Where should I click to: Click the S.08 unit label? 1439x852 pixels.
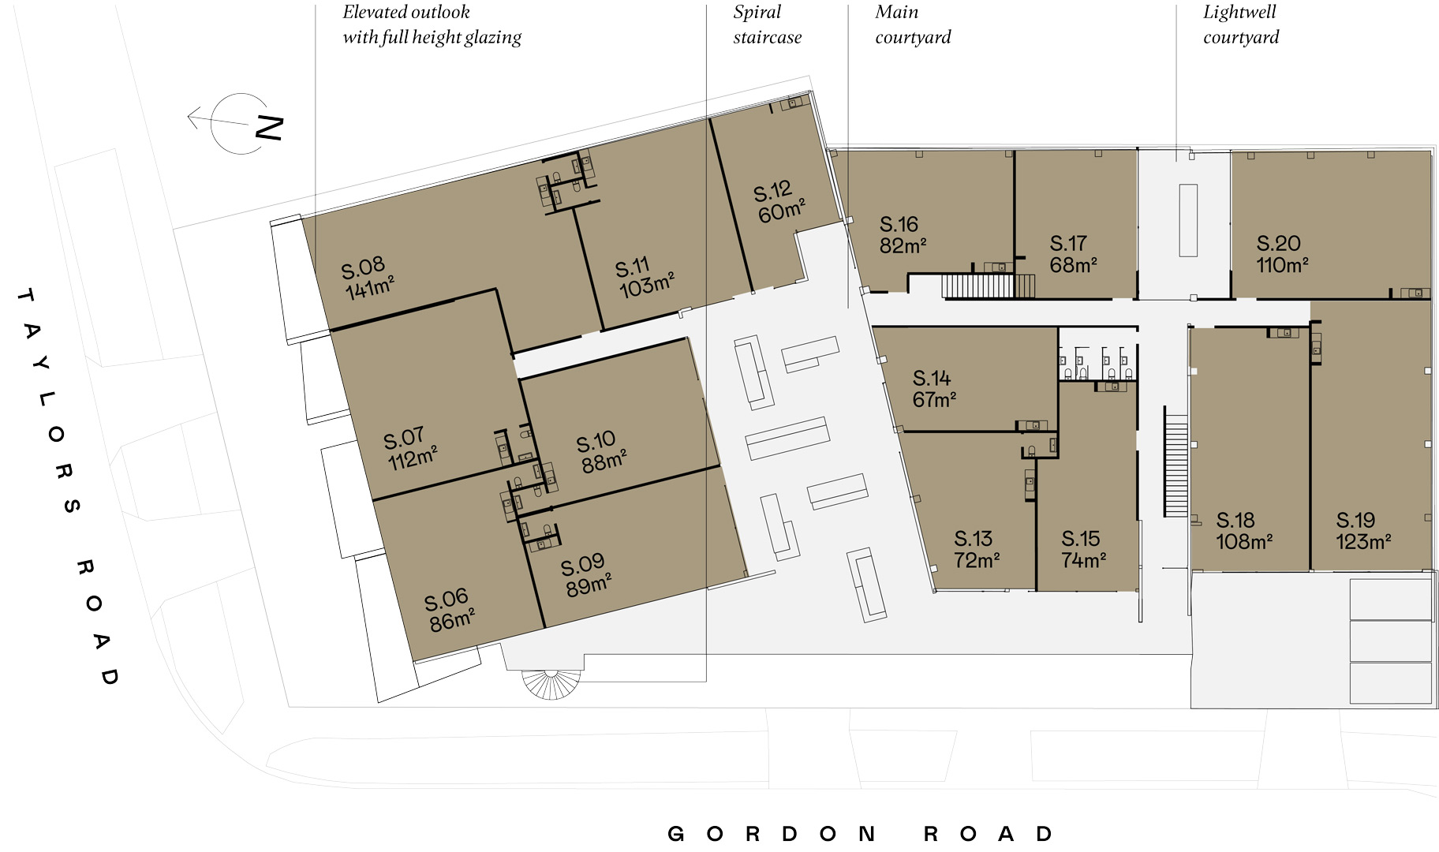pyautogui.click(x=363, y=267)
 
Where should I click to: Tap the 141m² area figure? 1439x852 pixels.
pyautogui.click(x=370, y=286)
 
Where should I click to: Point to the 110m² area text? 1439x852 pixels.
pyautogui.click(x=1282, y=265)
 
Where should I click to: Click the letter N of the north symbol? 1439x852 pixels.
pyautogui.click(x=269, y=128)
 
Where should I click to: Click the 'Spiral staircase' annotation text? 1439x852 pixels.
pyautogui.click(x=767, y=24)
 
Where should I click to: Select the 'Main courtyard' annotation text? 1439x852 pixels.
pyautogui.click(x=913, y=24)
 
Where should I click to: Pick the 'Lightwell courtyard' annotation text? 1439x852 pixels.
pyautogui.click(x=1241, y=24)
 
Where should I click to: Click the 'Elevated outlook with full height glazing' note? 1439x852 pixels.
pyautogui.click(x=432, y=24)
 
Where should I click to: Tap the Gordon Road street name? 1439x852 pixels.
pyautogui.click(x=860, y=834)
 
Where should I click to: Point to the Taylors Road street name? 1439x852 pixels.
pyautogui.click(x=69, y=486)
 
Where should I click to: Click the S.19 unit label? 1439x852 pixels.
pyautogui.click(x=1355, y=520)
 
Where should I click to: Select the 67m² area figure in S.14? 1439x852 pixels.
pyautogui.click(x=934, y=400)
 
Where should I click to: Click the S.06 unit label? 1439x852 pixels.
pyautogui.click(x=446, y=601)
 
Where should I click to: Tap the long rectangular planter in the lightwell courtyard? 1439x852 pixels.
pyautogui.click(x=1188, y=220)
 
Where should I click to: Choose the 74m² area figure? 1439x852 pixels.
pyautogui.click(x=1083, y=560)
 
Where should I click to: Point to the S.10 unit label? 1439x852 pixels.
pyautogui.click(x=596, y=443)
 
